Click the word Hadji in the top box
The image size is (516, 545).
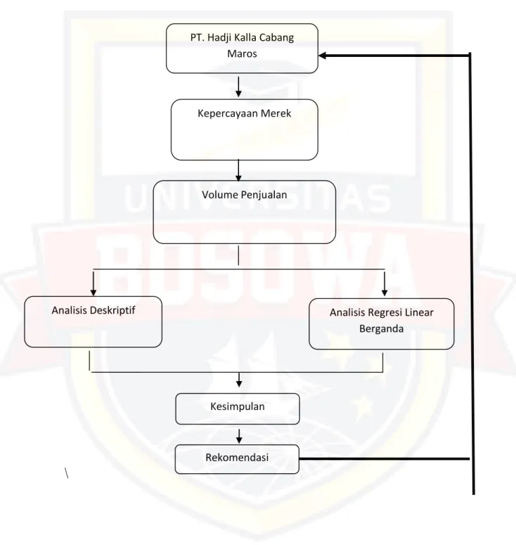coord(219,38)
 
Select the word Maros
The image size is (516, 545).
coord(243,54)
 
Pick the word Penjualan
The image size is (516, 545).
coord(265,195)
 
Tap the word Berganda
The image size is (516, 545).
coord(382,329)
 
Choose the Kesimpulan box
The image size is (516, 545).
coord(238,409)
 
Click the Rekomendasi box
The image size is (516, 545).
coord(237,459)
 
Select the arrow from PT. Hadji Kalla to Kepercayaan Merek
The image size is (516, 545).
coord(238,87)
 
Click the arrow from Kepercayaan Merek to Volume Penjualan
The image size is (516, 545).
coord(238,170)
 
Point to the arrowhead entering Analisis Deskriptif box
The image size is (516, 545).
coord(93,292)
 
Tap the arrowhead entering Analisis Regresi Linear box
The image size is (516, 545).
coord(385,292)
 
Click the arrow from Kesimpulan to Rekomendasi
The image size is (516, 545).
coord(239,436)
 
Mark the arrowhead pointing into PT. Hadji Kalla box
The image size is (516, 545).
coord(323,56)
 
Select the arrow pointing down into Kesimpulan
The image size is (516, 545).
coord(239,380)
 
